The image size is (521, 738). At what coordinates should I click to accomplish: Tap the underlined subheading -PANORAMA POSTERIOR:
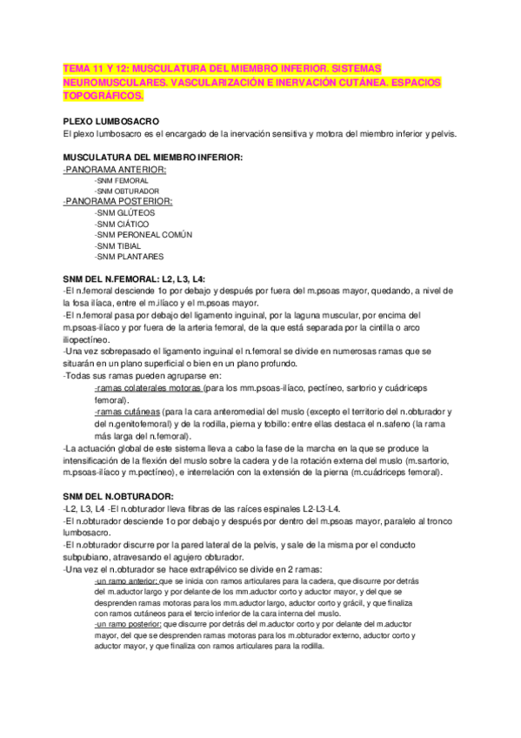pos(118,201)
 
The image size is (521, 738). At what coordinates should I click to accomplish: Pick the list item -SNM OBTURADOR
pos(127,191)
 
